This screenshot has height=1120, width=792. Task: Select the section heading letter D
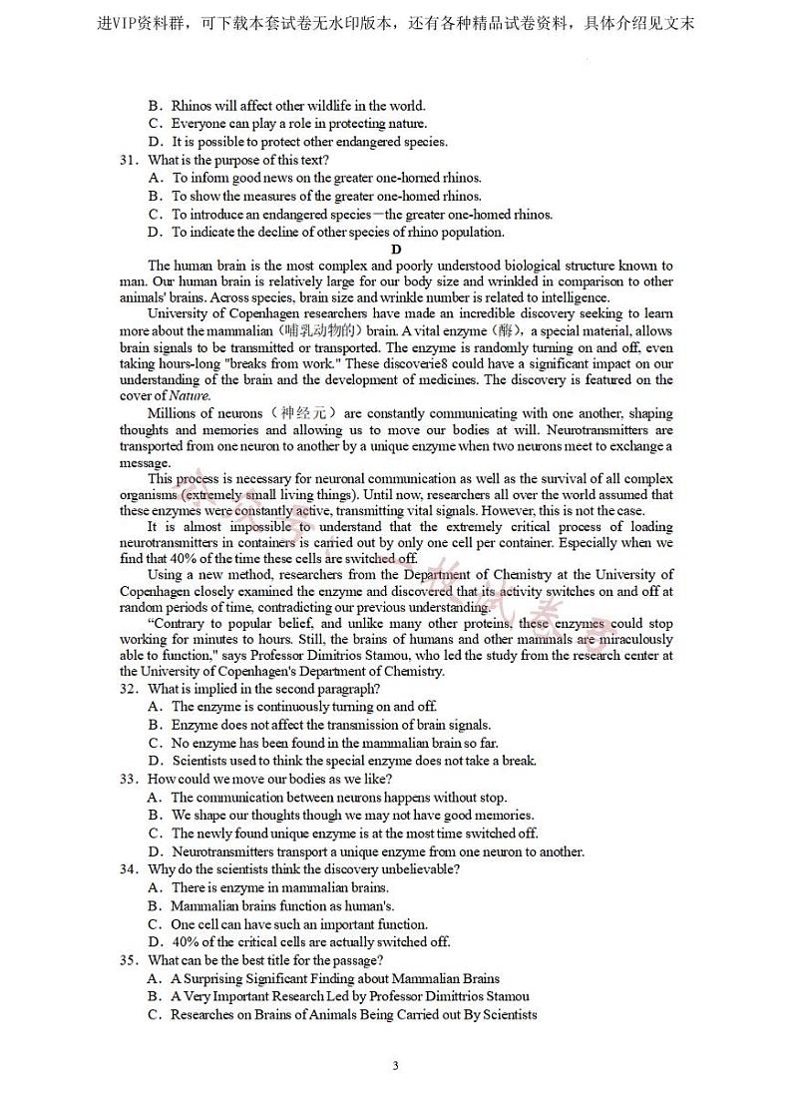pyautogui.click(x=396, y=250)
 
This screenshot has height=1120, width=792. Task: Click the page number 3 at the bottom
pyautogui.click(x=396, y=1065)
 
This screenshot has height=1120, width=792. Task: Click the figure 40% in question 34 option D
pyautogui.click(x=186, y=941)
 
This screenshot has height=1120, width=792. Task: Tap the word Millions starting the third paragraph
pyautogui.click(x=172, y=413)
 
